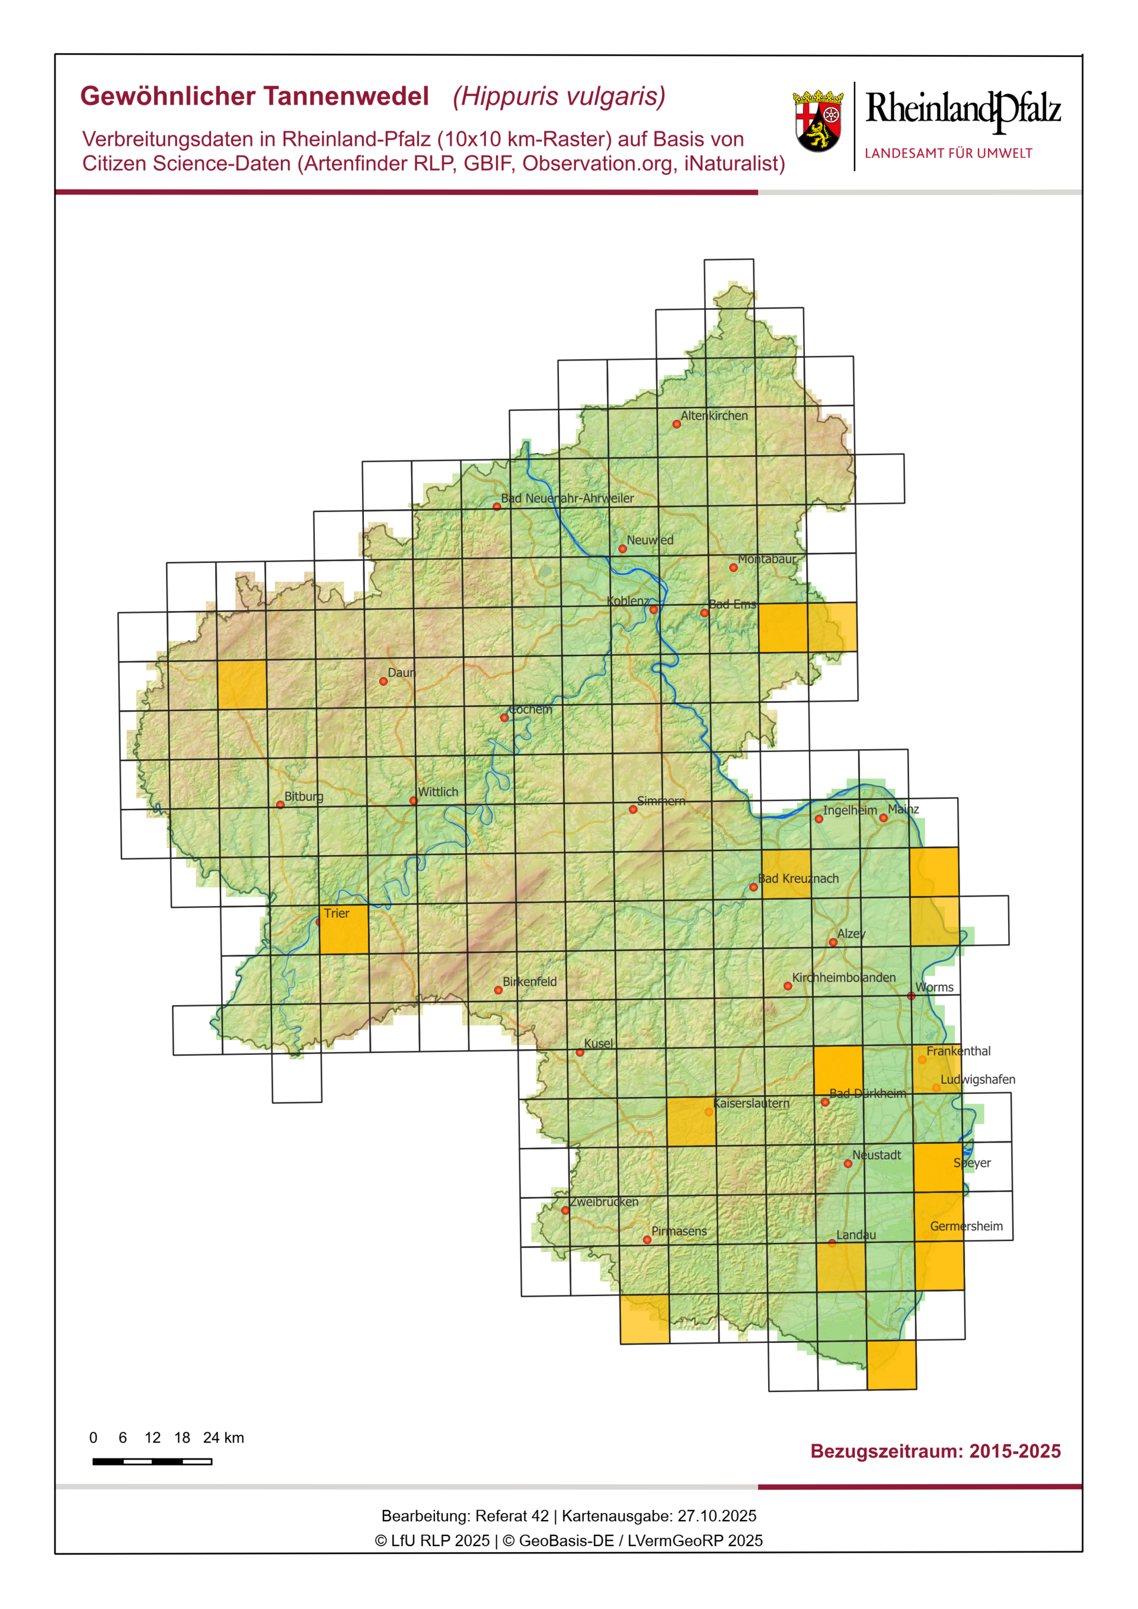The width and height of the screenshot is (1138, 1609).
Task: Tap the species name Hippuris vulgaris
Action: coord(558,97)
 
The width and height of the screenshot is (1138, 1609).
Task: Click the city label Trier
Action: coord(336,913)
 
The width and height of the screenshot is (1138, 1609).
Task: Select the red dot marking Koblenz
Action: coord(653,610)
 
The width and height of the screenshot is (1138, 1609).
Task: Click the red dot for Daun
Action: coord(383,681)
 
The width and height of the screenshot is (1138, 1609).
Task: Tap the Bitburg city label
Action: coord(303,796)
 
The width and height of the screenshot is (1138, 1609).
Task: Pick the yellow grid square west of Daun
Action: coord(242,684)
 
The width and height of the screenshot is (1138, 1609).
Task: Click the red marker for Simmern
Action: coord(633,810)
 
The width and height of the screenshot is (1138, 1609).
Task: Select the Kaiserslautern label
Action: coord(750,1103)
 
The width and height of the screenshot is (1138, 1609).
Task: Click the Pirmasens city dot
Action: coord(647,1240)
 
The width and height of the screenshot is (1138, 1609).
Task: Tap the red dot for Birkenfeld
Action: coord(498,990)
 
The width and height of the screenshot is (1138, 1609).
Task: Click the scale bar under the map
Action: coord(152,1461)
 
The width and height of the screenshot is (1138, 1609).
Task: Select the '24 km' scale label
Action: coord(223,1437)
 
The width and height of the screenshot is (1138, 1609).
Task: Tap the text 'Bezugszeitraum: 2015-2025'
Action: coord(935,1451)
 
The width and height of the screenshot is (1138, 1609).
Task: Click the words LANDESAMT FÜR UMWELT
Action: coord(948,153)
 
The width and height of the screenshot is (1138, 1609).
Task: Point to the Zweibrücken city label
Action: coord(603,1202)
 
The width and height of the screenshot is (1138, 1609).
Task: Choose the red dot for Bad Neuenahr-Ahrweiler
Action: coord(496,506)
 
